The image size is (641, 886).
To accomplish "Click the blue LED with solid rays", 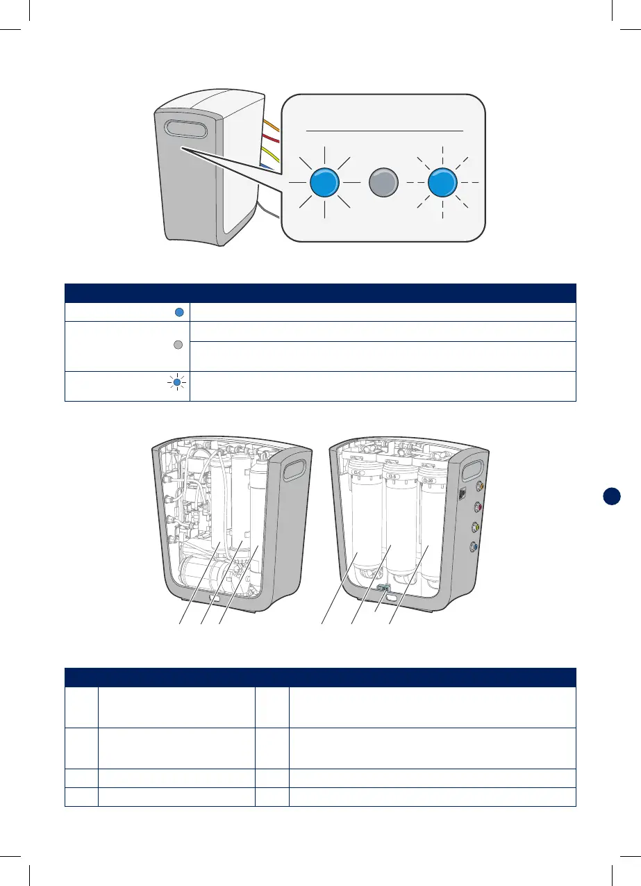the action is [x=324, y=183].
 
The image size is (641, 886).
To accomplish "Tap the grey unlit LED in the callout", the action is [x=383, y=183].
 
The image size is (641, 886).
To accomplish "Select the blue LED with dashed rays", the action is [x=442, y=183].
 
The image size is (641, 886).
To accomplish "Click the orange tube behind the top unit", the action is [x=272, y=126].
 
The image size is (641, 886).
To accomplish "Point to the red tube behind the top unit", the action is [x=272, y=140].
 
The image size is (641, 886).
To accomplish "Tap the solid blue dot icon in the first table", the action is [x=178, y=313].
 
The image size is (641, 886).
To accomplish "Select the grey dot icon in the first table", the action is [x=178, y=345].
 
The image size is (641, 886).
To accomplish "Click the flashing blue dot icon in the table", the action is [x=178, y=382].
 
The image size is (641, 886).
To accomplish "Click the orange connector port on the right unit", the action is [x=476, y=487].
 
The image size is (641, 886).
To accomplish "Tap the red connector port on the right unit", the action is [x=476, y=507].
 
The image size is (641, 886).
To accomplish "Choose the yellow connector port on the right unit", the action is [x=476, y=527].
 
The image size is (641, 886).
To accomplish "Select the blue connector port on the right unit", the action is [x=475, y=546].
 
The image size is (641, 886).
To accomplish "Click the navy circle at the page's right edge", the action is [x=611, y=496].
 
